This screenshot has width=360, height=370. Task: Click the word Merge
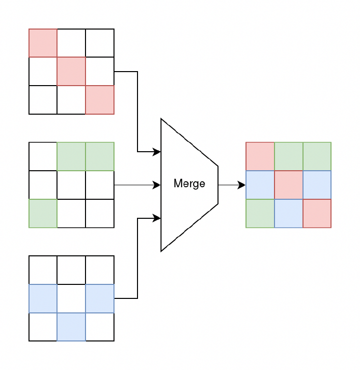click(x=189, y=184)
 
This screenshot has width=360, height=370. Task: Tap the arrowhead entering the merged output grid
click(x=241, y=185)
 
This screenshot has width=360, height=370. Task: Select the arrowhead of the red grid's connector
click(x=156, y=151)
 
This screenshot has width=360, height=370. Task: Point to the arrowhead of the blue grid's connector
click(x=156, y=218)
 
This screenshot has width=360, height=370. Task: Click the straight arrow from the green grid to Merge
click(x=135, y=185)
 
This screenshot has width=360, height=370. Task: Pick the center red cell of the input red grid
click(x=71, y=71)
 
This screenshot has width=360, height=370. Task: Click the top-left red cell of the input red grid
click(x=42, y=43)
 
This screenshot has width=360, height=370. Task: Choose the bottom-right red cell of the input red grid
click(x=99, y=100)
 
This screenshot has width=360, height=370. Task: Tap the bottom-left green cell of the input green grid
click(x=42, y=213)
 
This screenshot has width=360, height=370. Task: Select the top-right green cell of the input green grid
click(x=99, y=156)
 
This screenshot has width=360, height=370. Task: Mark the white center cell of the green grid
click(x=71, y=185)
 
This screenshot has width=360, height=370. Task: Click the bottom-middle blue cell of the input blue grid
click(x=71, y=326)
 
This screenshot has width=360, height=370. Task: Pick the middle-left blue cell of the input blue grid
click(x=42, y=298)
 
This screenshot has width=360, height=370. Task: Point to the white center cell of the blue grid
click(x=71, y=298)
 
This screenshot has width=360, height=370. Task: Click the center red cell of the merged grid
click(x=288, y=185)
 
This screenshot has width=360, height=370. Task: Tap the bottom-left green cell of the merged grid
click(x=260, y=213)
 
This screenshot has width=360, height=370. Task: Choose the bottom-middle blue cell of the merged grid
click(x=288, y=213)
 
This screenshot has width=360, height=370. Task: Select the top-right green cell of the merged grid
click(x=316, y=156)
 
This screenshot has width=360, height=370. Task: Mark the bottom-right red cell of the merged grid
click(x=316, y=213)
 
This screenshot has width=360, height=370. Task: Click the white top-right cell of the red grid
click(x=99, y=43)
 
